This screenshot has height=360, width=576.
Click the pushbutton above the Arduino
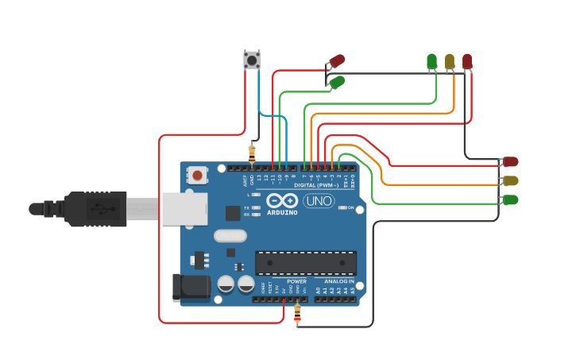[x=252, y=60]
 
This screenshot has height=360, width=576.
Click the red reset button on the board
[x=196, y=174]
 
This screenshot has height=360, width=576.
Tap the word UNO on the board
[x=319, y=201]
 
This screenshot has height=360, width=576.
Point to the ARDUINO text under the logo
[x=281, y=213]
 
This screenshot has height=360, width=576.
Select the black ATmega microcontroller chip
[x=306, y=263]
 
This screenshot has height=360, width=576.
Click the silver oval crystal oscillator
[x=230, y=236]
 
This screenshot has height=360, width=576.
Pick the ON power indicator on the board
[x=350, y=208]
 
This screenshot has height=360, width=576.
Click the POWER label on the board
[x=296, y=281]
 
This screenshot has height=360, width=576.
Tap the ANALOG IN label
[x=340, y=281]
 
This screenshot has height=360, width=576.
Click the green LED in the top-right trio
[x=431, y=62]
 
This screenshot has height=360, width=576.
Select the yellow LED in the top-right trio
[x=450, y=62]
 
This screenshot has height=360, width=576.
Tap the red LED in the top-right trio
[x=467, y=62]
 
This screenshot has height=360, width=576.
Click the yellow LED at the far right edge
[x=510, y=181]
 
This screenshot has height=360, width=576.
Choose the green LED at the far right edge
[x=510, y=199]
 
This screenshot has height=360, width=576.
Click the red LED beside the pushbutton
[x=337, y=60]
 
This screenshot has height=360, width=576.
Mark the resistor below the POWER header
[x=297, y=315]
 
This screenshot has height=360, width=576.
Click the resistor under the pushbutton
[x=253, y=152]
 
